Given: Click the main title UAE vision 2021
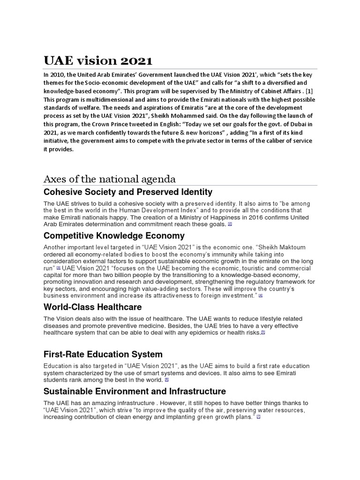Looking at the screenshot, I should pyautogui.click(x=98, y=61).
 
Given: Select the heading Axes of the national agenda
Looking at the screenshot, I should pyautogui.click(x=110, y=179).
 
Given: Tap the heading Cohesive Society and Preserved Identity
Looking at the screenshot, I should pyautogui.click(x=127, y=192).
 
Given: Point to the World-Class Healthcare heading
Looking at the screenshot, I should pyautogui.click(x=92, y=307).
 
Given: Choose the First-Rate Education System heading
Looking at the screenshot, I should pyautogui.click(x=103, y=354).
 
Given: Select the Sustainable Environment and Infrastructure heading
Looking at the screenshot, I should pyautogui.click(x=135, y=391).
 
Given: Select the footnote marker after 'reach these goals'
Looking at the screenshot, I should pyautogui.click(x=230, y=225).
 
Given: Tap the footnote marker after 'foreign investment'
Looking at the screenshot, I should pyautogui.click(x=261, y=296).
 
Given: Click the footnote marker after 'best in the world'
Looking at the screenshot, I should pyautogui.click(x=166, y=379).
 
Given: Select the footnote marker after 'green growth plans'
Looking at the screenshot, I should pyautogui.click(x=258, y=417).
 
